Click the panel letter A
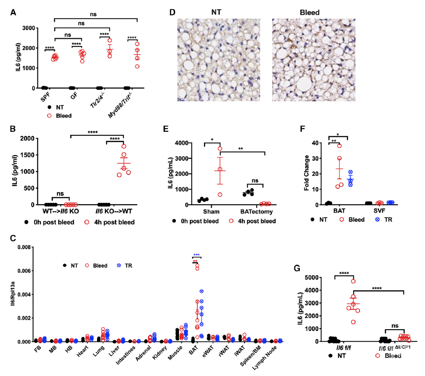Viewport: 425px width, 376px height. click(13, 12)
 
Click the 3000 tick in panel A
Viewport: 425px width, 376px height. click(29, 28)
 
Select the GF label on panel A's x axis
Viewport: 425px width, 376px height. click(74, 96)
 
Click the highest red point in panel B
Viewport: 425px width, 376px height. click(124, 146)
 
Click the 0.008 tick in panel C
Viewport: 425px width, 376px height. click(24, 247)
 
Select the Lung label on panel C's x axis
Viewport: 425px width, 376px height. click(99, 351)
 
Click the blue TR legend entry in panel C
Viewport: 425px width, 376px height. click(125, 265)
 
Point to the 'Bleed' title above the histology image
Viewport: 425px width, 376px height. click(310, 12)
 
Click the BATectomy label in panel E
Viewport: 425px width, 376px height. click(256, 211)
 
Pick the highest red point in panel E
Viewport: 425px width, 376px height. click(220, 148)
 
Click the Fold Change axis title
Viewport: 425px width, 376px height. click(307, 173)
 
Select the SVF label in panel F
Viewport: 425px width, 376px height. click(379, 211)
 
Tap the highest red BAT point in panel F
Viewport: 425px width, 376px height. click(339, 146)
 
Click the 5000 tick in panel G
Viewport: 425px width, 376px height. click(312, 277)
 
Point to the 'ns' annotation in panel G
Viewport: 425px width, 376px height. click(395, 326)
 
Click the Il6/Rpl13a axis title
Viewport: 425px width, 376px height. click(12, 294)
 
